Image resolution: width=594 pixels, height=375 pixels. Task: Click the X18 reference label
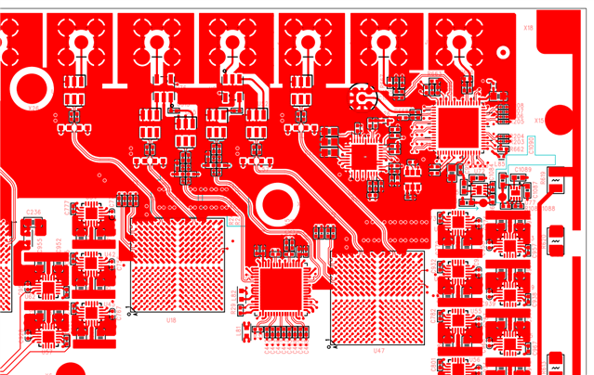tap(528, 28)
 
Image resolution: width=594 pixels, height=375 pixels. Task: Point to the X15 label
tap(539, 121)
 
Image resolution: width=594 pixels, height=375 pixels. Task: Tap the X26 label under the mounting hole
tap(33, 108)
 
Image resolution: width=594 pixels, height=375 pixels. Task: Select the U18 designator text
tap(171, 320)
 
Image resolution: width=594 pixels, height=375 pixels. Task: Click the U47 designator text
tap(378, 352)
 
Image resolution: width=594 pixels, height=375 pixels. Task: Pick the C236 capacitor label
tap(33, 212)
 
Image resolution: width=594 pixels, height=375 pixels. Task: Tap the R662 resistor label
tap(518, 137)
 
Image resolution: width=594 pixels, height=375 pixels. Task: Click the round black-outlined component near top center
tap(362, 96)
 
